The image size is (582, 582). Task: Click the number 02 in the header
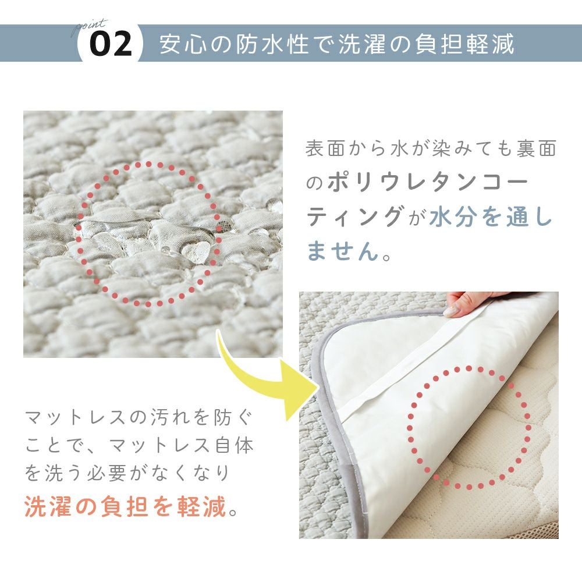pyautogui.click(x=111, y=44)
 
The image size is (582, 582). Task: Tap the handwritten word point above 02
pyautogui.click(x=90, y=27)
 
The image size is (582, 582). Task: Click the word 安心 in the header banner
pyautogui.click(x=183, y=44)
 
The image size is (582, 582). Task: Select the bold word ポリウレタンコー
pyautogui.click(x=428, y=182)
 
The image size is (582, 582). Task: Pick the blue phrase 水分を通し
pyautogui.click(x=491, y=216)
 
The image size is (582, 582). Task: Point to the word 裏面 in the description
pyautogui.click(x=536, y=148)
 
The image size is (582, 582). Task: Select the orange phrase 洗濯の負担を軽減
pyautogui.click(x=126, y=506)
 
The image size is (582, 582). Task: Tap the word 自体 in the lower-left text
pyautogui.click(x=235, y=445)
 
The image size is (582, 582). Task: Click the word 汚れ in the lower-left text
pyautogui.click(x=170, y=417)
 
